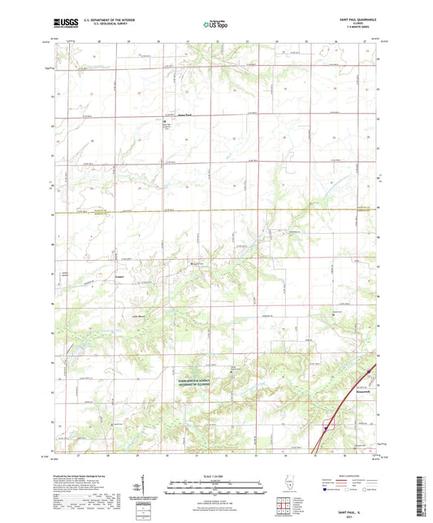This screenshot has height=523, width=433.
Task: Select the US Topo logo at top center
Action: tap(216, 24)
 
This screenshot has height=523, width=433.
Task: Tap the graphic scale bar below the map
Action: tap(216, 490)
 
